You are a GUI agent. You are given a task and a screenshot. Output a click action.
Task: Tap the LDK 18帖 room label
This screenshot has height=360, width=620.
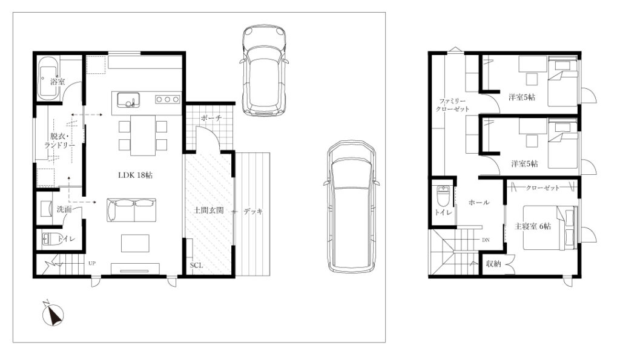(135, 175)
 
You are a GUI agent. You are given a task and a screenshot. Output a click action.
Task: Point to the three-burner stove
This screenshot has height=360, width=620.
(168, 100)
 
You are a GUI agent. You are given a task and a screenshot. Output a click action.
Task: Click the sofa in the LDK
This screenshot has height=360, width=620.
(131, 210)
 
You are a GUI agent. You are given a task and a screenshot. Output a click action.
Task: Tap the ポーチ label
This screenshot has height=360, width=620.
(211, 118)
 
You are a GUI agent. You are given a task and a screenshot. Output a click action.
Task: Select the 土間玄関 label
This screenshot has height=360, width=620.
(208, 211)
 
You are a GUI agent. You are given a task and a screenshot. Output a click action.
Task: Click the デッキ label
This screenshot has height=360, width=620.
(253, 211)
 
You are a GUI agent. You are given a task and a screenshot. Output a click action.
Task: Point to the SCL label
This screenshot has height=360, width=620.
(196, 265)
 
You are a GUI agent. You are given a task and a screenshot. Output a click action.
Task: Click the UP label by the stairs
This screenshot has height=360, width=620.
(92, 263)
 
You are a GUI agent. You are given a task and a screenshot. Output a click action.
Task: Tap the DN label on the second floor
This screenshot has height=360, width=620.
(486, 240)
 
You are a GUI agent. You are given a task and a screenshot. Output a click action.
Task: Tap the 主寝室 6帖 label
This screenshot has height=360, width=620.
(533, 226)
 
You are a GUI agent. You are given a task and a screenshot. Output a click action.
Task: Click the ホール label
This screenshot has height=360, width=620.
(479, 202)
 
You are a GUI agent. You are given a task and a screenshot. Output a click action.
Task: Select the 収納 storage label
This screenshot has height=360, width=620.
(493, 264)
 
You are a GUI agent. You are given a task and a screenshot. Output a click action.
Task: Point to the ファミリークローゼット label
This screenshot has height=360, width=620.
(452, 105)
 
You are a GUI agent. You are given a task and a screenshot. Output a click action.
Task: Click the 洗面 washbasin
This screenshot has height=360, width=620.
(46, 208)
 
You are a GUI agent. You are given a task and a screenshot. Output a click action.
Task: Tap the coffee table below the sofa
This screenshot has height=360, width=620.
(135, 243)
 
